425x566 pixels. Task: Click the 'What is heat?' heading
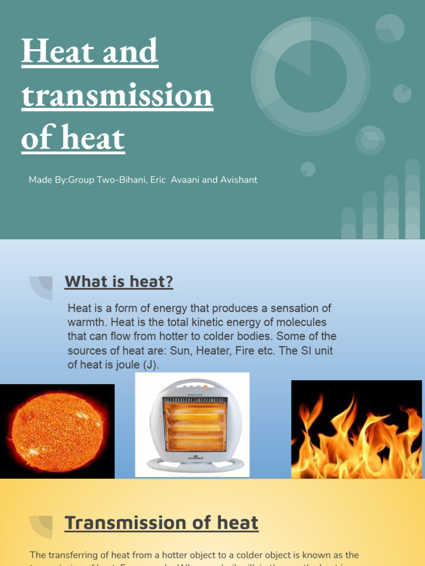tap(118, 282)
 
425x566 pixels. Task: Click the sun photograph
tap(57, 431)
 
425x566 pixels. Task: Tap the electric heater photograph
tap(192, 424)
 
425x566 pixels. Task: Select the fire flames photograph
tap(356, 429)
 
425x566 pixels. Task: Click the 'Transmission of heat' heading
tap(161, 523)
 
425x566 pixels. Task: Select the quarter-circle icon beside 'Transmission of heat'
tap(42, 526)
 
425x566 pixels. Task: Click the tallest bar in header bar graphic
tap(412, 199)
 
